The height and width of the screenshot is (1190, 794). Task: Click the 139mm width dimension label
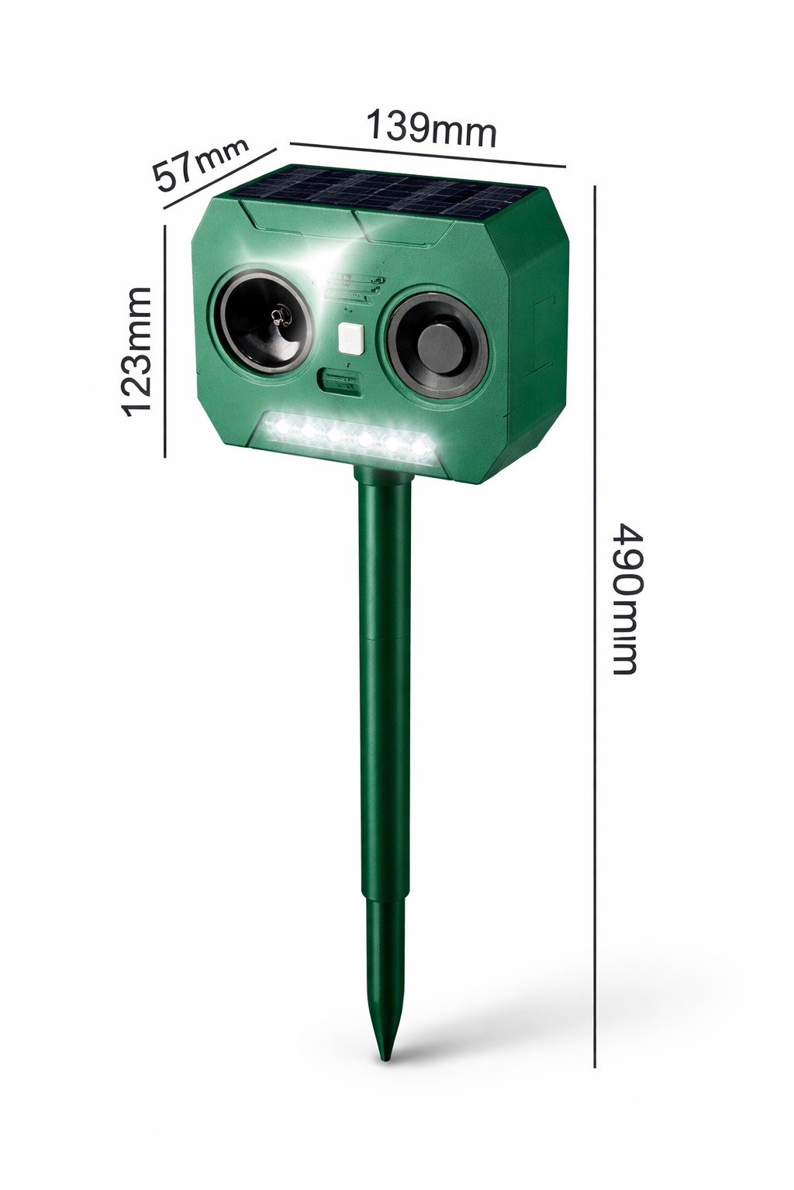coord(432,128)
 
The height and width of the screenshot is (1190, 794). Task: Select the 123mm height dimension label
coord(136,352)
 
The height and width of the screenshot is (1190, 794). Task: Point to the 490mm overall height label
coord(628,599)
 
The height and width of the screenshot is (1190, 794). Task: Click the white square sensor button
coord(350,339)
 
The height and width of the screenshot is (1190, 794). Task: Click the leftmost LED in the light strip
coord(281,426)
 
